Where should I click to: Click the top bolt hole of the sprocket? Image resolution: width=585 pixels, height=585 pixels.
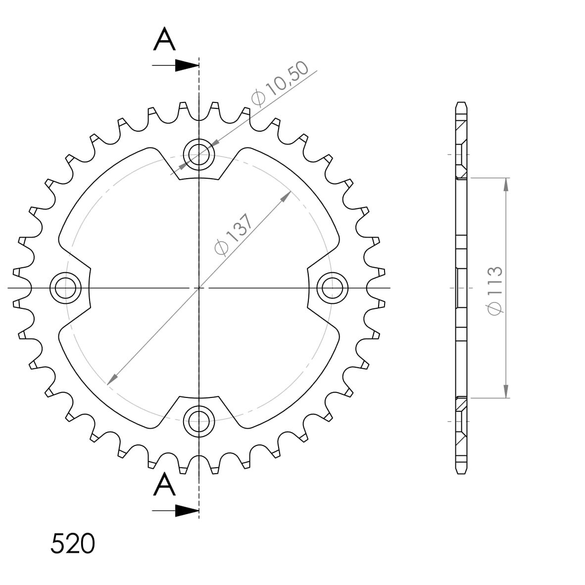(x=199, y=154)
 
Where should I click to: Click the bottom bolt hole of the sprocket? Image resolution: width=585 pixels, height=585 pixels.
(x=199, y=421)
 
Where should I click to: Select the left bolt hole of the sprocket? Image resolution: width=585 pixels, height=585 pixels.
(x=65, y=288)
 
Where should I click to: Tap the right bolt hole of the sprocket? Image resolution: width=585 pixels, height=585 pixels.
(x=333, y=288)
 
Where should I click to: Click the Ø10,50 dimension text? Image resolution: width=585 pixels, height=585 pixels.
(x=280, y=83)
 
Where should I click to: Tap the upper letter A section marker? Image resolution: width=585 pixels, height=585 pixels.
(x=164, y=40)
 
